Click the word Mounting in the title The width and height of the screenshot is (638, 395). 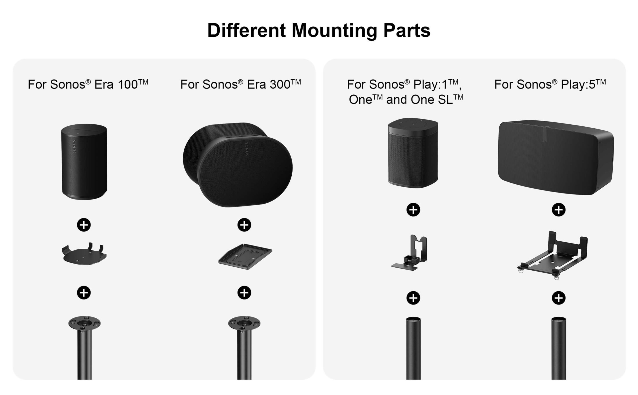[334, 31]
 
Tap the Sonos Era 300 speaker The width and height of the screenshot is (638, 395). [238, 165]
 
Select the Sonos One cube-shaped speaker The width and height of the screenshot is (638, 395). [413, 153]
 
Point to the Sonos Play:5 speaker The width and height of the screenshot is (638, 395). [556, 157]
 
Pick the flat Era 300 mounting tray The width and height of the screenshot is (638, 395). [245, 256]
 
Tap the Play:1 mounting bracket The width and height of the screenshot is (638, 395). [409, 253]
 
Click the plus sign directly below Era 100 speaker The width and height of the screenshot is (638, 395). [84, 225]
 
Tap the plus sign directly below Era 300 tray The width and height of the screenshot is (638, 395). [244, 293]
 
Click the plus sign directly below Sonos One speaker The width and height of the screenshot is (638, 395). [413, 210]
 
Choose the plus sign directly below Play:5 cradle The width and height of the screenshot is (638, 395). [559, 298]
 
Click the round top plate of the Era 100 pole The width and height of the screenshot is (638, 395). [84, 323]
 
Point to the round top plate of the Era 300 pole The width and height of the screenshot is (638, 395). [244, 323]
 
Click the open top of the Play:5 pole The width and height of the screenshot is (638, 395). [559, 319]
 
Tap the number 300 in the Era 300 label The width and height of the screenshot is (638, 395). [280, 85]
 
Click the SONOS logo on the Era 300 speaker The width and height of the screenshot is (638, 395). [247, 149]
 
